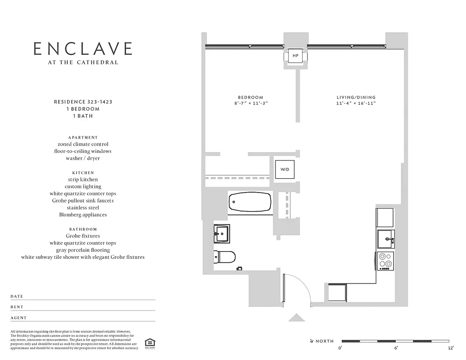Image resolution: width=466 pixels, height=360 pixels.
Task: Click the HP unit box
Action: [295, 56]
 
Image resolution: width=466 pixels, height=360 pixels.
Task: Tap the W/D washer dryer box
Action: [285, 170]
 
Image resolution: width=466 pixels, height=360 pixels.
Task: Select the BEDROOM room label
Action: [250, 97]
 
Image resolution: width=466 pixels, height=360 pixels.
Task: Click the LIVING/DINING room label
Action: [356, 97]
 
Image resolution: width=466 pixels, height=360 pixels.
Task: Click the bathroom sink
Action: [222, 233]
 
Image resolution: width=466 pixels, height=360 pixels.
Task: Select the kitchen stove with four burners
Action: [385, 261]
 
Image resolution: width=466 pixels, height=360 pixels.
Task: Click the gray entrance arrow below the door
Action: [297, 318]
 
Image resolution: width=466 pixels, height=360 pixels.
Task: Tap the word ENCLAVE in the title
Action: [83, 49]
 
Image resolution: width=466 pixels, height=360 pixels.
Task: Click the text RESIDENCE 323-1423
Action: [83, 102]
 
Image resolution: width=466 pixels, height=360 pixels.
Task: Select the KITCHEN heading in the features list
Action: [83, 172]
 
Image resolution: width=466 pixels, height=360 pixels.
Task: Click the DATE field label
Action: [17, 297]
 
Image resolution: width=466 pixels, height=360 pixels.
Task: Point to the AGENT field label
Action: [18, 318]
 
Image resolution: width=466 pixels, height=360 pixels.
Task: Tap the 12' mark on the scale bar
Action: [451, 348]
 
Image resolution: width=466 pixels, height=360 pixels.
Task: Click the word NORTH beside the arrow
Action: [325, 341]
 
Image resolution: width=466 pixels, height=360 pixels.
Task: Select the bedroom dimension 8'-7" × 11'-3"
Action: [250, 103]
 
